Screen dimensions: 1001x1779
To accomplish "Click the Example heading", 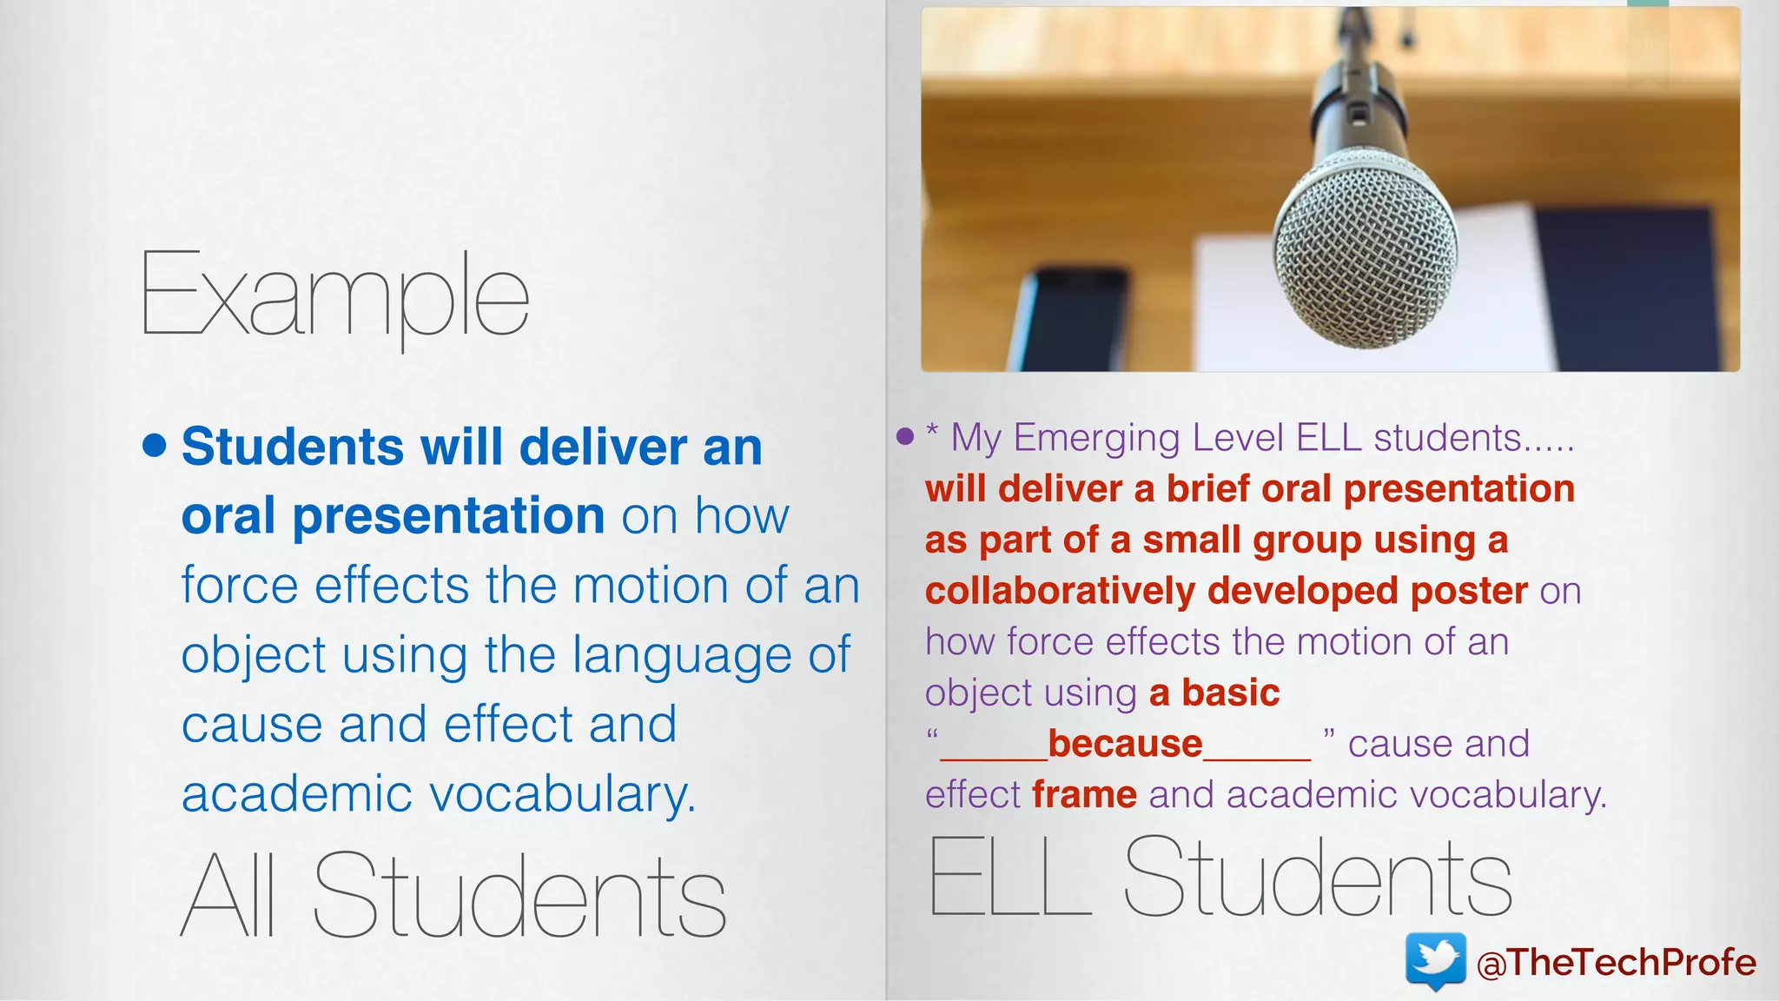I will pos(334,295).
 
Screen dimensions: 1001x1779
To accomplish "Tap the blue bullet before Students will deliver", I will pos(154,446).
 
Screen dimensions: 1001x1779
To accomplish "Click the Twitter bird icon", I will pos(1435,961).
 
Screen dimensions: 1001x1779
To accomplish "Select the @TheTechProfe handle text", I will pos(1616,963).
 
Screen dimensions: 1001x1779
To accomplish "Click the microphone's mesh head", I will pos(1366,248).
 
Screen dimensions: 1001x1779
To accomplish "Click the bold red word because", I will pos(1125,744).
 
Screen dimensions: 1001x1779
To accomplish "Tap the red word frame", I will pos(1084,795).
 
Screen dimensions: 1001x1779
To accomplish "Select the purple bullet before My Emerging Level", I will pos(905,436).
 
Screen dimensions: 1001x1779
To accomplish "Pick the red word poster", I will pos(1469,591).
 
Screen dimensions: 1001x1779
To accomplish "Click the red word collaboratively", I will pos(1060,591).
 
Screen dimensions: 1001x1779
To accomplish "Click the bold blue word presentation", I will pos(448,515).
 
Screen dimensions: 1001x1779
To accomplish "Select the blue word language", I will pos(682,654).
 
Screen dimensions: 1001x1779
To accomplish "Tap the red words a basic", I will pos(1214,693).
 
